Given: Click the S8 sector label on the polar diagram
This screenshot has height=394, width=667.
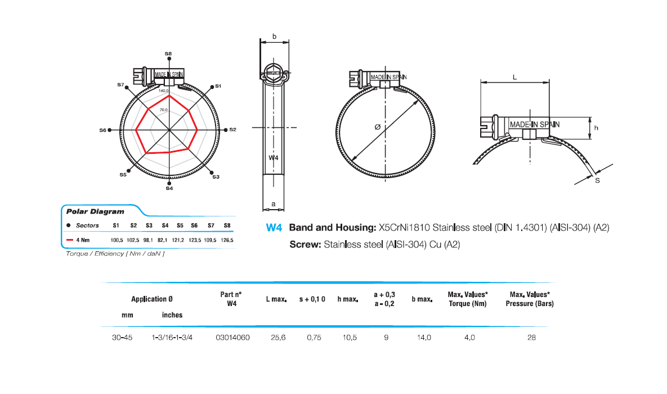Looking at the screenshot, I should click(168, 53).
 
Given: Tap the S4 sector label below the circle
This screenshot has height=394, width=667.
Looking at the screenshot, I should click(169, 189).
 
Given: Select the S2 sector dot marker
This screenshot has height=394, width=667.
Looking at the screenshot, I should click(226, 130).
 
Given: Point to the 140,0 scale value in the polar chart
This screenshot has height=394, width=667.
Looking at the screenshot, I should click(164, 90).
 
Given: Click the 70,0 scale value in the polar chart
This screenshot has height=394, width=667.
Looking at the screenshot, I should click(164, 110).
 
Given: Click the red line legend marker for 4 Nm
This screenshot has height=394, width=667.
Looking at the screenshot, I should click(70, 240).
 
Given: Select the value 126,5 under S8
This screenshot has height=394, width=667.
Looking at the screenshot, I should click(228, 240).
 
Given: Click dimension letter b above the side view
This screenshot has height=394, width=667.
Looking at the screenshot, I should click(274, 37).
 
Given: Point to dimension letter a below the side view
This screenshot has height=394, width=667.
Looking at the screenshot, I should click(273, 203).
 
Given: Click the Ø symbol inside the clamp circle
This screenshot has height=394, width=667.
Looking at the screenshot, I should click(377, 127).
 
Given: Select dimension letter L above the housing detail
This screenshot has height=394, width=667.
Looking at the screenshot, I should click(515, 78).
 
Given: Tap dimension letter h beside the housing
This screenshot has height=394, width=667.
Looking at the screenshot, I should click(596, 128).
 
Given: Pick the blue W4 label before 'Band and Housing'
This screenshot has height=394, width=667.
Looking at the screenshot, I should click(274, 228).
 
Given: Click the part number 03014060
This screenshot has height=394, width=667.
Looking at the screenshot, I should click(232, 338).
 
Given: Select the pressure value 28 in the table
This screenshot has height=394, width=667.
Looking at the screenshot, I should click(532, 338).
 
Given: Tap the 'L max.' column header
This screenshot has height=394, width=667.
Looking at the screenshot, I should click(276, 299).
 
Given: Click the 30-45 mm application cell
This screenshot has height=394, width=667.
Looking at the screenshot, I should click(122, 338).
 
